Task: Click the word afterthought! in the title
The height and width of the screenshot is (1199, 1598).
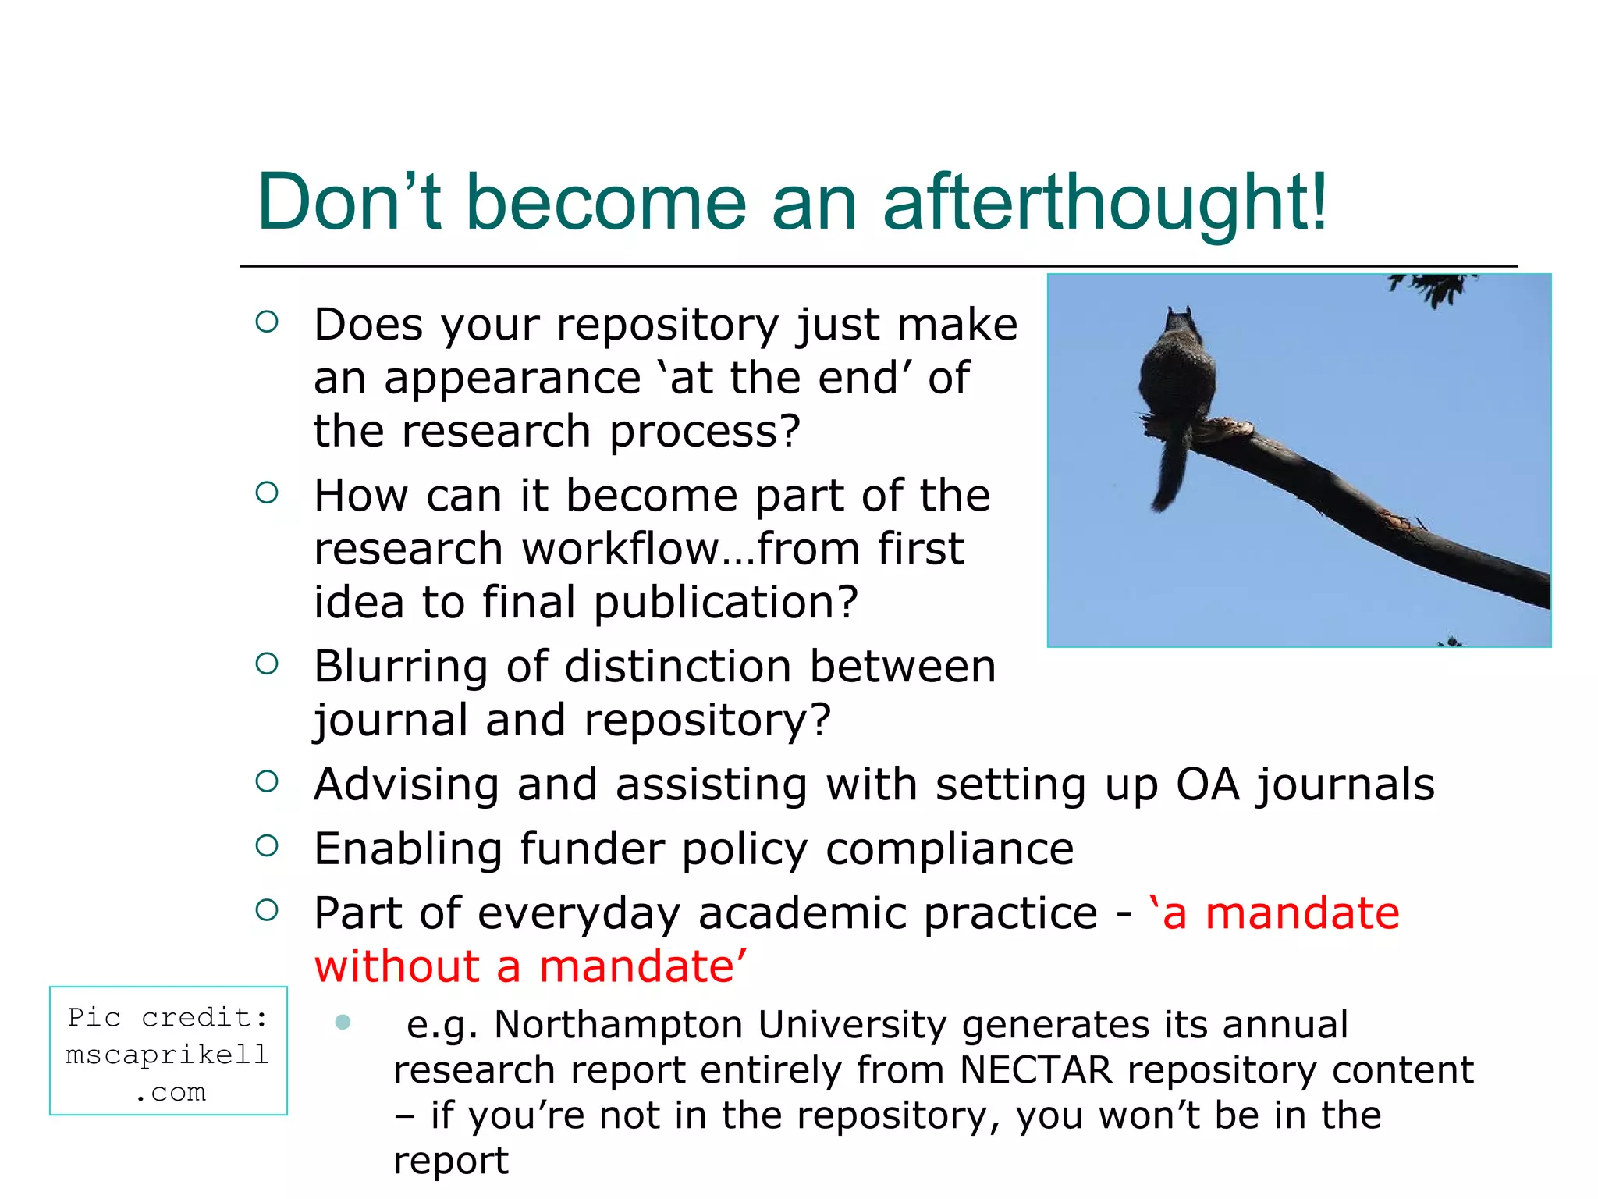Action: [1104, 203]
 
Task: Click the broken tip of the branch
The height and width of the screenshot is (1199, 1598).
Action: [1155, 427]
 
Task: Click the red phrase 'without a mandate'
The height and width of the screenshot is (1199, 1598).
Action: [531, 966]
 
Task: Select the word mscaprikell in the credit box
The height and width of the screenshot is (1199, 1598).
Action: [168, 1055]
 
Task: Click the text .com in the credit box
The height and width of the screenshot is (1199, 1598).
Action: [169, 1092]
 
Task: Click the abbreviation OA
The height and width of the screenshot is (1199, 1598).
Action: [1207, 785]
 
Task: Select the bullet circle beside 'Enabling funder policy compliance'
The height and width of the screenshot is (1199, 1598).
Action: [267, 845]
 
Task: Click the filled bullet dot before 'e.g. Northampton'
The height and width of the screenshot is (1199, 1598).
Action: [343, 1022]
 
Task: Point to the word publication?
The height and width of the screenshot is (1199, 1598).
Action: [726, 603]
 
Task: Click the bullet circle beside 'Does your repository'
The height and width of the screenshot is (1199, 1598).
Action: [267, 322]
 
